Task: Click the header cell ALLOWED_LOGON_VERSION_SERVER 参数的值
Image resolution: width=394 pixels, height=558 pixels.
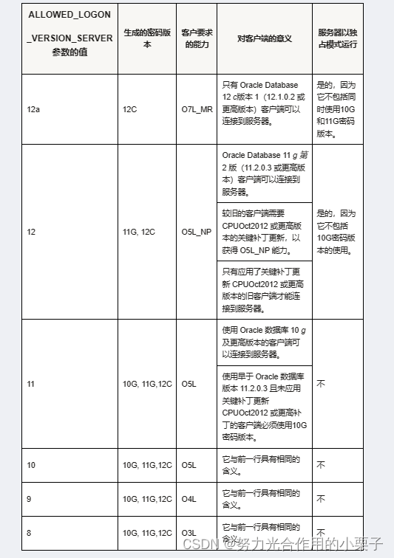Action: pos(70,38)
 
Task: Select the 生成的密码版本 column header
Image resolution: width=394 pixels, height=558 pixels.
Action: pos(146,38)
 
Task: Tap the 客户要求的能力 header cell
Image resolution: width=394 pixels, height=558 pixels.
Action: pos(196,38)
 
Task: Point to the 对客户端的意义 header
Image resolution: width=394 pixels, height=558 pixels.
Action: pos(264,38)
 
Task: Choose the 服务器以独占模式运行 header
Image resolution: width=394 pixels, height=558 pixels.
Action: pos(337,38)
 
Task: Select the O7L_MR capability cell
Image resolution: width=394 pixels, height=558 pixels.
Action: pos(196,109)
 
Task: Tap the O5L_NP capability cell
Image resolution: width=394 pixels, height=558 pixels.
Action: pos(196,232)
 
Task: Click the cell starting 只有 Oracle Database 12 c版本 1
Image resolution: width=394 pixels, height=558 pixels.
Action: pos(264,103)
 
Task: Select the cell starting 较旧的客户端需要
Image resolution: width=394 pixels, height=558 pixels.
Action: pos(264,231)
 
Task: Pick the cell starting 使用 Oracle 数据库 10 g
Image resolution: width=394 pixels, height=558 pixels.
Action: pos(264,342)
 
